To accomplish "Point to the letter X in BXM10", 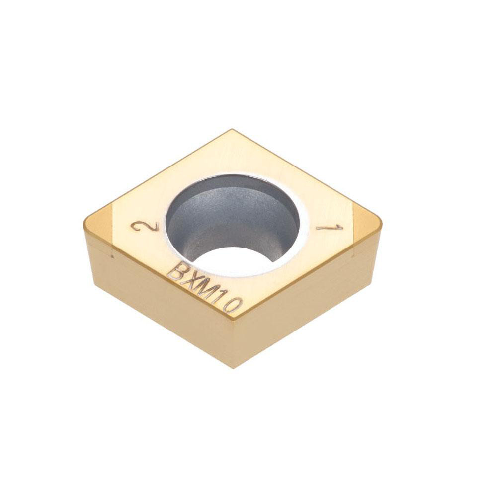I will pos(190,280).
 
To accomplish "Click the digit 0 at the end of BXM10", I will pos(233,305).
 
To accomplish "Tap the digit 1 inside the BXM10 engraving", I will pos(221,297).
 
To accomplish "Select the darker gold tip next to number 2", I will pos(99,223).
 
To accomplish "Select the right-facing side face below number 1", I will pos(308,303).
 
